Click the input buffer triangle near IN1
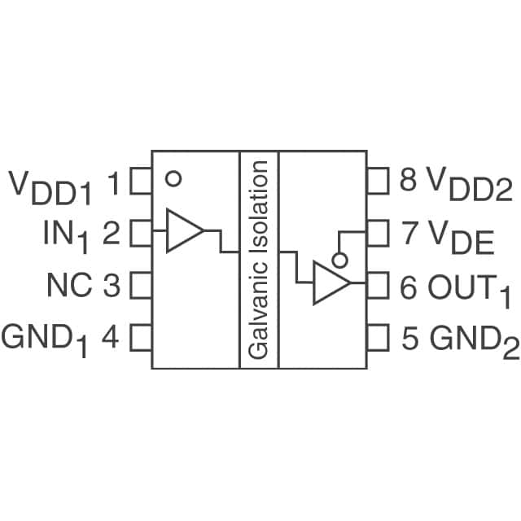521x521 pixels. tap(182, 230)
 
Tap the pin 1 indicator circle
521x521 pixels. tap(172, 177)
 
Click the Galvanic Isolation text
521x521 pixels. tap(259, 260)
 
